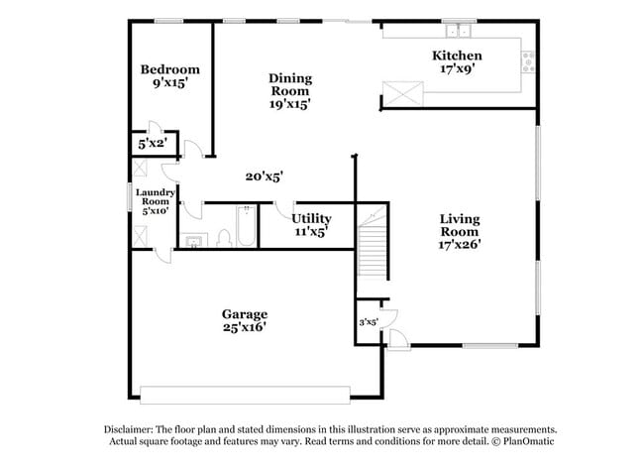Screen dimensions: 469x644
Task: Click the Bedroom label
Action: (x=169, y=69)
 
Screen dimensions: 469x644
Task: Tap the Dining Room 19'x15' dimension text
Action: (x=290, y=104)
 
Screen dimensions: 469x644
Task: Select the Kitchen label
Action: (x=457, y=56)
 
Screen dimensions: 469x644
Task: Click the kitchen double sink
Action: (x=458, y=30)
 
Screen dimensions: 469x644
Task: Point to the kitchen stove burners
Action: (x=527, y=61)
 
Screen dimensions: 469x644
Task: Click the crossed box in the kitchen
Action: (x=400, y=93)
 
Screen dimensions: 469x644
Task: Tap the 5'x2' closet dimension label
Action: (x=152, y=144)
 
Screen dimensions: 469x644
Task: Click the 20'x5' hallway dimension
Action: (x=265, y=176)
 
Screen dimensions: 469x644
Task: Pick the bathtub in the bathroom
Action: (x=245, y=226)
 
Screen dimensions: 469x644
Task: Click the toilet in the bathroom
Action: (x=223, y=236)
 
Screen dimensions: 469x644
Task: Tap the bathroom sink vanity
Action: (x=193, y=239)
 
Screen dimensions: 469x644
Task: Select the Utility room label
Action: (x=311, y=218)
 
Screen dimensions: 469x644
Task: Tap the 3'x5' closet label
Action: (x=368, y=321)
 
